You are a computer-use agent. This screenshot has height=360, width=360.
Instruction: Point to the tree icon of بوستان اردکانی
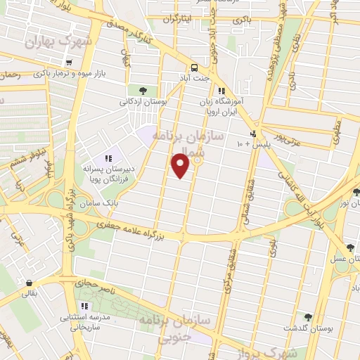(143, 90)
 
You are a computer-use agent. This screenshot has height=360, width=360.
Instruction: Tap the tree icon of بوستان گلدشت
(307, 317)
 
